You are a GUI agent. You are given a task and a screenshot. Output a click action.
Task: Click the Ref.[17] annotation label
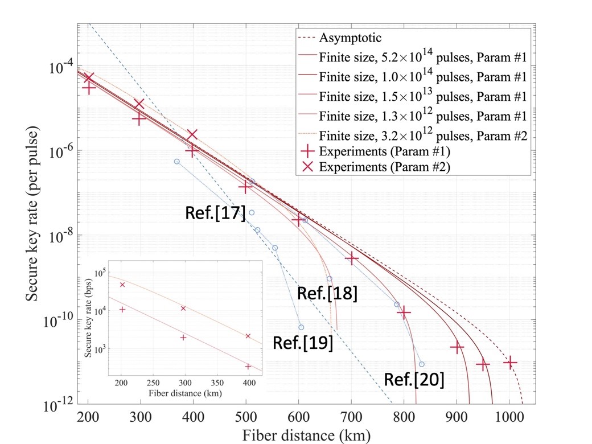pos(216,213)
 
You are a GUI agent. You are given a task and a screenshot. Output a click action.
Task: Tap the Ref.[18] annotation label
pos(327,294)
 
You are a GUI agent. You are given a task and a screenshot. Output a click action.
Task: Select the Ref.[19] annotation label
pos(303,343)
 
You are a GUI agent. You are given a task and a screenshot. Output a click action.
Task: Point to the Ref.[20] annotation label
pos(414,380)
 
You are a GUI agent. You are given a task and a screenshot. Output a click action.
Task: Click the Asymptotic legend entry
pos(350,38)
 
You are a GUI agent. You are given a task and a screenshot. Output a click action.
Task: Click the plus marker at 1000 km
pos(509,362)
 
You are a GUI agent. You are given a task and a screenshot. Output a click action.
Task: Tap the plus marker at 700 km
pos(351,258)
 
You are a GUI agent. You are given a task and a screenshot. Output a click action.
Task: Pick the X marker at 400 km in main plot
pos(192,134)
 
